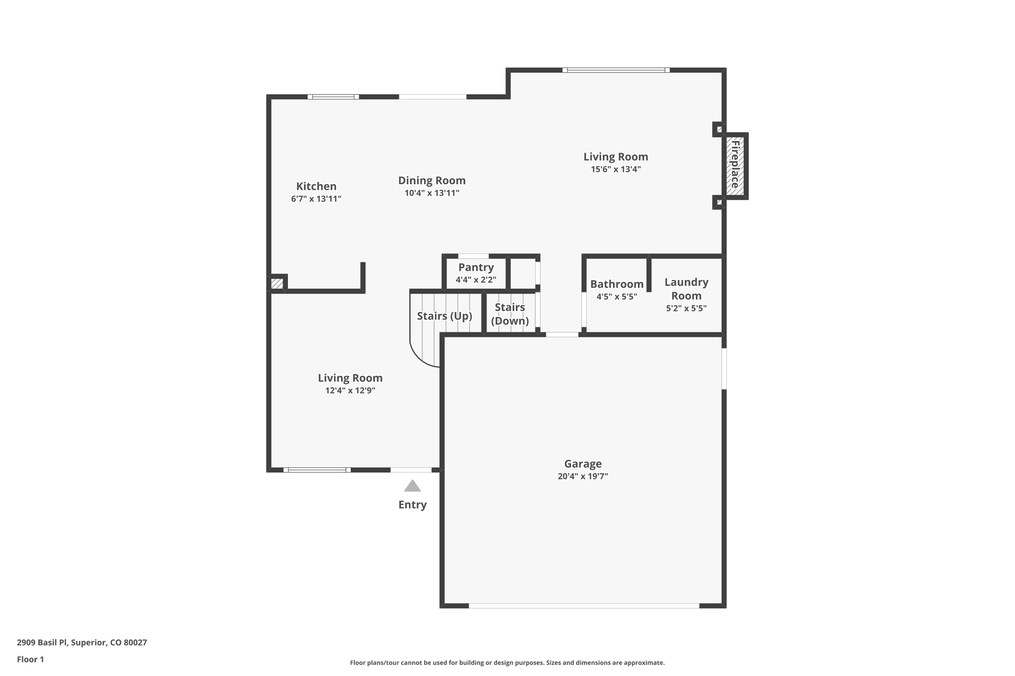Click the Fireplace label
(735, 165)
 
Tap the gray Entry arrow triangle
(412, 486)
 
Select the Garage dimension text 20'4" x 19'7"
(582, 476)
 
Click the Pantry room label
(476, 267)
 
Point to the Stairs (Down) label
(509, 314)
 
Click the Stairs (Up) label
(444, 316)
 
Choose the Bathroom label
(617, 284)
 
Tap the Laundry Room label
(686, 289)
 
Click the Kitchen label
(316, 186)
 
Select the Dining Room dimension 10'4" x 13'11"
(432, 193)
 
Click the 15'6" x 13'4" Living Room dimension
(616, 169)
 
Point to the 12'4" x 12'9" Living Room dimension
(350, 391)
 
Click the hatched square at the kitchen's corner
(277, 284)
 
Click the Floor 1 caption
(30, 659)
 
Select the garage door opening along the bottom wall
(584, 606)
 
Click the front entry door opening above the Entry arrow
(411, 469)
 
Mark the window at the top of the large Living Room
(616, 70)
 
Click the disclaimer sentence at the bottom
(507, 663)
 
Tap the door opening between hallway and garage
(562, 335)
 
